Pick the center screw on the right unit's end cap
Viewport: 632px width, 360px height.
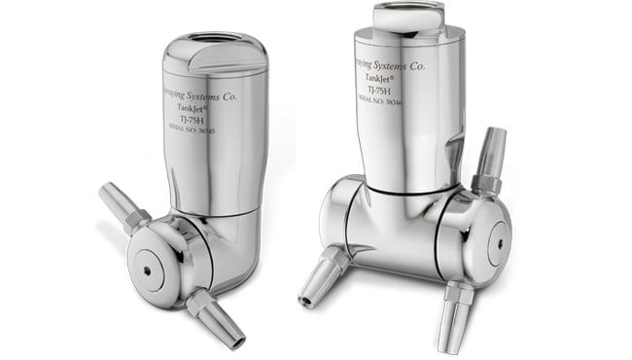click(499, 238)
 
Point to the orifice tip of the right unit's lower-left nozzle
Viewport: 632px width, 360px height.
click(305, 299)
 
